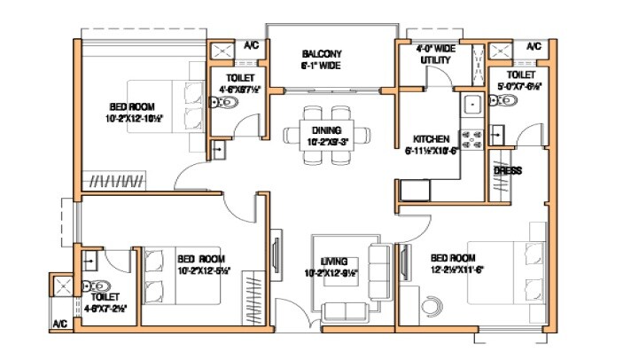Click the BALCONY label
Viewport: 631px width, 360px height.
point(321,53)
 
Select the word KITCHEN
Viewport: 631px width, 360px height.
point(432,139)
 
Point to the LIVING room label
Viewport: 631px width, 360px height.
point(333,261)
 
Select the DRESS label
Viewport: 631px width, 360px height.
point(507,170)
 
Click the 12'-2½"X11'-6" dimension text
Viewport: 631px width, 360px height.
point(457,270)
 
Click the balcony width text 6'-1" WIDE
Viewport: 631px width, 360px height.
point(321,66)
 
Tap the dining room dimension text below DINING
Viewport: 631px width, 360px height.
point(327,141)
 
